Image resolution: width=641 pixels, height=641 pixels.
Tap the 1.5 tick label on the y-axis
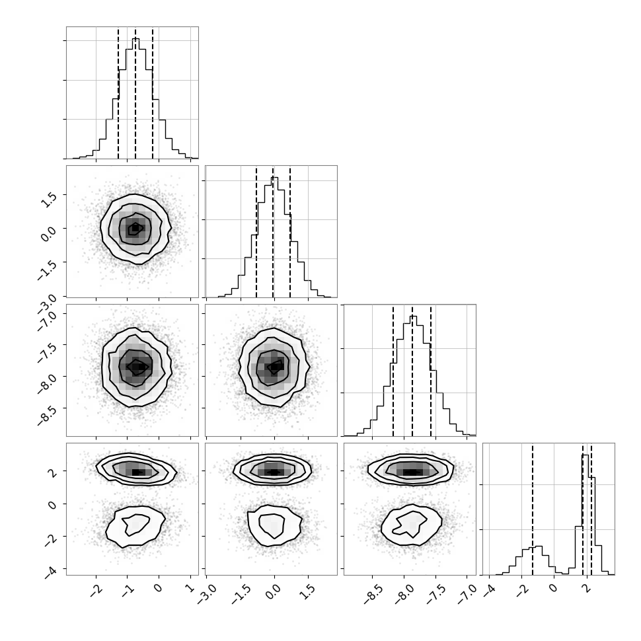pos(49,200)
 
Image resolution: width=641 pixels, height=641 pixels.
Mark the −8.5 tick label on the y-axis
pos(48,414)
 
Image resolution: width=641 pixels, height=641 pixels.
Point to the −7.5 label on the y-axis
pos(48,350)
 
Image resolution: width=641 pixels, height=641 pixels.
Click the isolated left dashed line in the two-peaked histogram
pos(532,509)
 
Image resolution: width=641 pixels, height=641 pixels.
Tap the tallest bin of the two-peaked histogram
pos(585,515)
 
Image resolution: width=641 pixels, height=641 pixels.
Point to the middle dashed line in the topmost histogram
pos(135,93)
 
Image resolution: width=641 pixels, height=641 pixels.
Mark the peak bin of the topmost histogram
pos(135,98)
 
